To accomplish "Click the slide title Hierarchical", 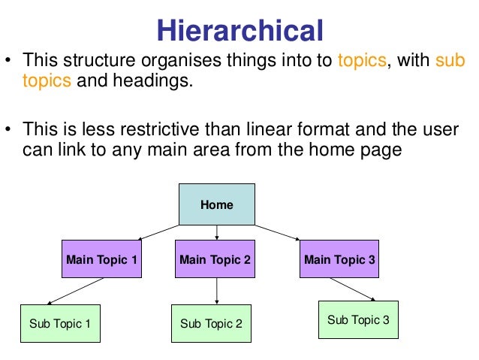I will (239, 30).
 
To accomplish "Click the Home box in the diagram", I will (216, 204).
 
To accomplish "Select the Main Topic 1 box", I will (101, 260).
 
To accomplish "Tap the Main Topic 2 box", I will (215, 260).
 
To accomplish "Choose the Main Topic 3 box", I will (339, 260).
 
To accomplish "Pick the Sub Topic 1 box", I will (59, 324).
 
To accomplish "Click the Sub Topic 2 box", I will (211, 324).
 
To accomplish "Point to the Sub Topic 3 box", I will (358, 320).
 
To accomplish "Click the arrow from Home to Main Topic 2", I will (216, 233).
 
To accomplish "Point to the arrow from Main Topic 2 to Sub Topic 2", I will (216, 292).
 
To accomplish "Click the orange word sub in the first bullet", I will (450, 60).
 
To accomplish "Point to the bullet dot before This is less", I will (9, 130).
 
